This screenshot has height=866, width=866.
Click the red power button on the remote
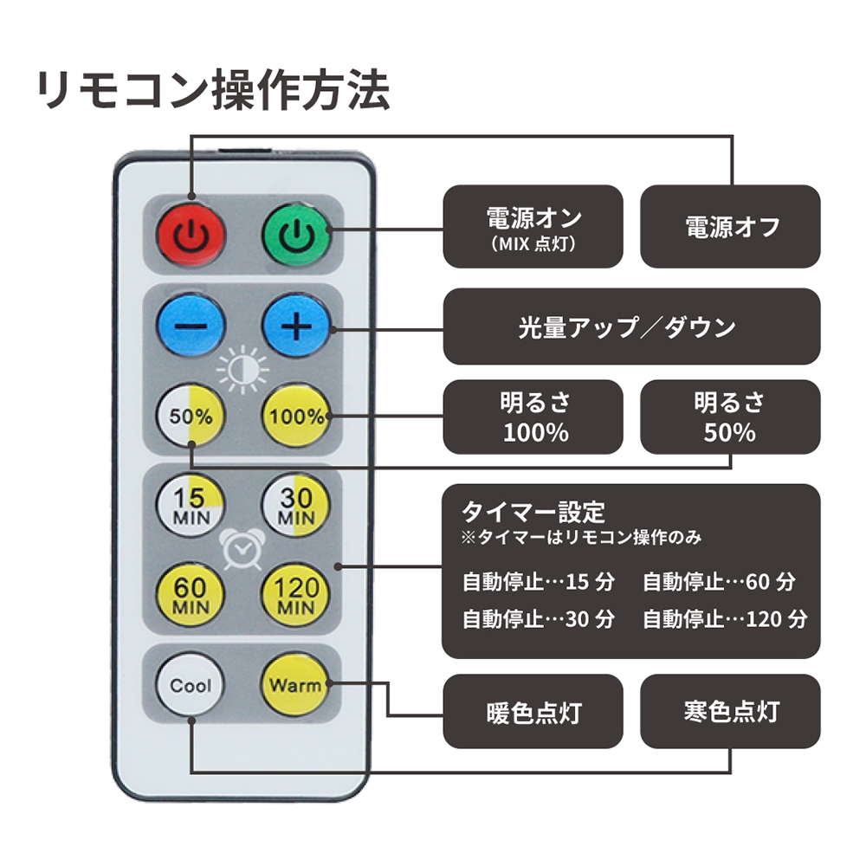pyautogui.click(x=191, y=235)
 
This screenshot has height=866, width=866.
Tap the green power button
pyautogui.click(x=296, y=235)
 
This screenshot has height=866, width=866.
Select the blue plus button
pyautogui.click(x=296, y=326)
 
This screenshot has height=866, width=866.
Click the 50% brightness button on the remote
pyautogui.click(x=191, y=416)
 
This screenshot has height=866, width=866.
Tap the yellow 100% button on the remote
pyautogui.click(x=296, y=416)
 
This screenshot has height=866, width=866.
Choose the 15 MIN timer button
pyautogui.click(x=191, y=506)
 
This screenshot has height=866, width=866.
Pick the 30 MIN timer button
pyautogui.click(x=296, y=506)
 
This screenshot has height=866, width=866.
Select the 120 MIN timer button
pyautogui.click(x=296, y=596)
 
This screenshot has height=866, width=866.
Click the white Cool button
pyautogui.click(x=191, y=685)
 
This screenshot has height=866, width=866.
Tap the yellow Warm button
pyautogui.click(x=296, y=685)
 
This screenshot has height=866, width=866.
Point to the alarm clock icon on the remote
pyautogui.click(x=243, y=550)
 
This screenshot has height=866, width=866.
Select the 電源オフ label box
pyautogui.click(x=730, y=226)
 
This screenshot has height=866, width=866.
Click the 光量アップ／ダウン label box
pyautogui.click(x=632, y=326)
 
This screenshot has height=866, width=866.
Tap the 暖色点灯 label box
pyautogui.click(x=533, y=711)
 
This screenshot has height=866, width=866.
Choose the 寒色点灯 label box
pyautogui.click(x=730, y=711)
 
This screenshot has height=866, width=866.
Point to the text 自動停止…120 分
pyautogui.click(x=725, y=619)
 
